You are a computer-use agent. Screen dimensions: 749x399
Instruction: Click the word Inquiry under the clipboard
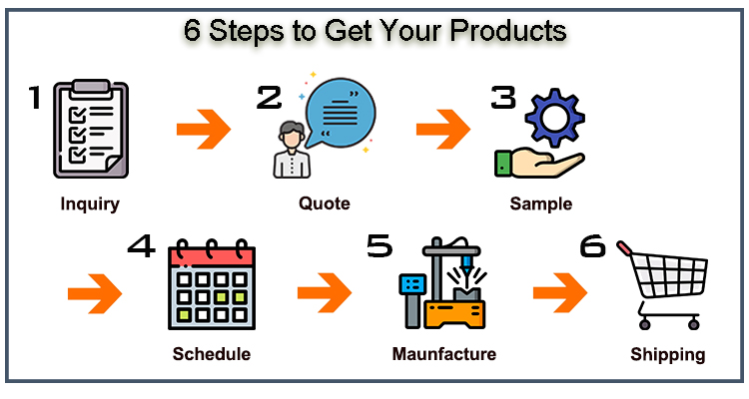coord(90,205)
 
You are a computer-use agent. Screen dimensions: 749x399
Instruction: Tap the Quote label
coord(325,203)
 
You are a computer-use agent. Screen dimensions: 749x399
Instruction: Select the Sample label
coord(540,204)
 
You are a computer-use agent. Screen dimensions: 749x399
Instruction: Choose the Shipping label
coord(668,354)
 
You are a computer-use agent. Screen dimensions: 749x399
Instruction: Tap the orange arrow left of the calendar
coord(94,293)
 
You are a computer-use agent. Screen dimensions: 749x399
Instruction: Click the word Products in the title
coord(505,30)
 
